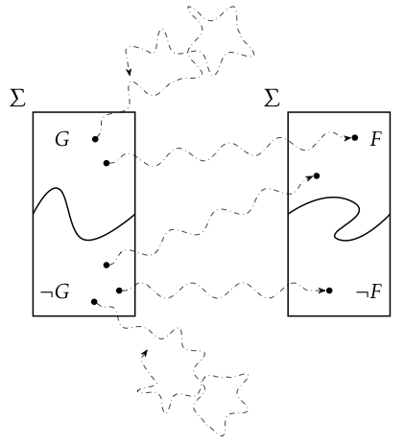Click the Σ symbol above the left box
tap(17, 98)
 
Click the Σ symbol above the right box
tap(273, 98)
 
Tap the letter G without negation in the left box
tap(62, 139)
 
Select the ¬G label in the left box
tap(55, 291)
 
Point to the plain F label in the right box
tap(376, 139)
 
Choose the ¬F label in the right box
tap(368, 291)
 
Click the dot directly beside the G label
tap(95, 139)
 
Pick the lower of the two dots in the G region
tap(107, 163)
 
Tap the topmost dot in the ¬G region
tap(107, 265)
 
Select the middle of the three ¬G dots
tap(119, 291)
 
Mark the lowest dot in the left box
tap(94, 302)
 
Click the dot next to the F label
tap(355, 138)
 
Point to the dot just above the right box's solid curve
tap(317, 175)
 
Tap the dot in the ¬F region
tap(329, 291)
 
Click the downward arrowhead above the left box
tap(129, 72)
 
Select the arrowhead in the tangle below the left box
tap(145, 353)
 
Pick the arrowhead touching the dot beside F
tap(347, 138)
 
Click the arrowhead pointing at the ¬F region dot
tap(321, 291)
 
